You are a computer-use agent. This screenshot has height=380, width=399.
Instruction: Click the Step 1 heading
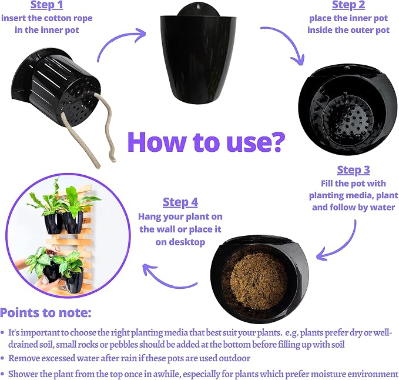point(46,5)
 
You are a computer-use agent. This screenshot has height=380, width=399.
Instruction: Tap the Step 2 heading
point(348,5)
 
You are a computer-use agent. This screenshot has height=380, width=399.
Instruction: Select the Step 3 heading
point(353,170)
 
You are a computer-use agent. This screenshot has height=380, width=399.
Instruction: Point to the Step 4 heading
point(180,202)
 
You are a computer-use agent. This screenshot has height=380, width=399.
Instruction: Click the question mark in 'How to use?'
point(275,142)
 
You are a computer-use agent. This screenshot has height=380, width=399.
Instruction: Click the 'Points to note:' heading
point(46,313)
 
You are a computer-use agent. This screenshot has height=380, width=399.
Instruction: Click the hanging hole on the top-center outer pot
point(198,5)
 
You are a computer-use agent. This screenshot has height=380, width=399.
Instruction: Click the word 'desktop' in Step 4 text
point(180,242)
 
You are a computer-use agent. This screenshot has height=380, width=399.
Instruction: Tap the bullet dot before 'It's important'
point(2,332)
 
